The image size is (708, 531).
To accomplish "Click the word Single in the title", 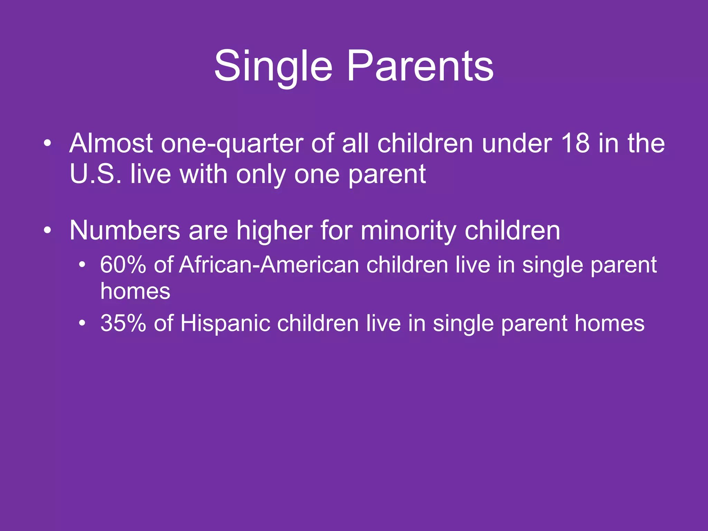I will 273,66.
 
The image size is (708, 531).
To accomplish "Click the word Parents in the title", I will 420,66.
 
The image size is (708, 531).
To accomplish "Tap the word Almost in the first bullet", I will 111,143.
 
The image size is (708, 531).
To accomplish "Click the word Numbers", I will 125,230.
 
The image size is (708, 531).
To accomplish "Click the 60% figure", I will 123,265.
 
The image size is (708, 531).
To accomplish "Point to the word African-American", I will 269,265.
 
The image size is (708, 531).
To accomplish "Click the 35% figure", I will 123,323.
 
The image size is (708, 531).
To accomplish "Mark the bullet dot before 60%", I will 82,265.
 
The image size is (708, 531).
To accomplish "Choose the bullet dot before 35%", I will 82,324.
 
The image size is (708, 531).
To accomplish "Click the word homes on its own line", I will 135,291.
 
